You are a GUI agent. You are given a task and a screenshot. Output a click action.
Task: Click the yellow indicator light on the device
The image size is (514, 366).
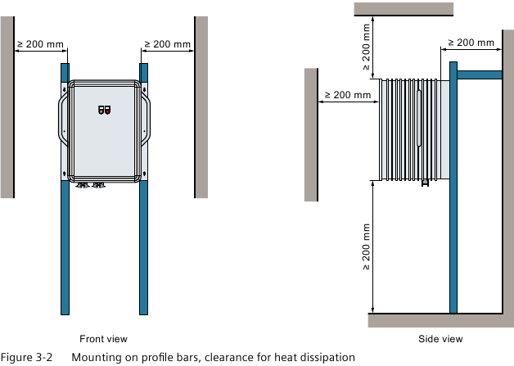[x=101, y=112]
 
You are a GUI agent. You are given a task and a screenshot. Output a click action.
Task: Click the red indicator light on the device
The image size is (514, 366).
[x=107, y=112]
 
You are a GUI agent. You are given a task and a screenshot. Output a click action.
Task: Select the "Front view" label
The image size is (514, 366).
[x=103, y=339]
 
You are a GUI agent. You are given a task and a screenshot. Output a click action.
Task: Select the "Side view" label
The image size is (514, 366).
[x=440, y=339]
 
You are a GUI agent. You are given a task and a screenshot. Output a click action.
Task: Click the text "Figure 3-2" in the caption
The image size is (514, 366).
[x=26, y=357]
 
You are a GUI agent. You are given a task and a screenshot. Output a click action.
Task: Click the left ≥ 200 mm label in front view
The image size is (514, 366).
[x=40, y=44]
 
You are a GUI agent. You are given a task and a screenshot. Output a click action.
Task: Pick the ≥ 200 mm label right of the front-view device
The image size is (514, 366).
[x=168, y=44]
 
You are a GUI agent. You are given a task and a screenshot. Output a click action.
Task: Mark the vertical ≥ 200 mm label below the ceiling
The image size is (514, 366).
[x=366, y=47]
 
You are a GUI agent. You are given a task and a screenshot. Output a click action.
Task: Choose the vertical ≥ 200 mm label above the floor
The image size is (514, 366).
[x=366, y=247]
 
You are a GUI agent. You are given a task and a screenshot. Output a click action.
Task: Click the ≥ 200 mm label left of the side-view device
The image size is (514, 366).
[x=348, y=95]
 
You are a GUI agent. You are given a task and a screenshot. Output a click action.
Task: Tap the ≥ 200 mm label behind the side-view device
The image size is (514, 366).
[x=471, y=43]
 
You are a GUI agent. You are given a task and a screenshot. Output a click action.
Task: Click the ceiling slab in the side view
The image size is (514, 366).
[x=404, y=9]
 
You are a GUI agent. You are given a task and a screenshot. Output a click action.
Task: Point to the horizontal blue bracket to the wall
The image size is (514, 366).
[x=480, y=75]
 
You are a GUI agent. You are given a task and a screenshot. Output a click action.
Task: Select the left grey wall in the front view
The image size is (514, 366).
[x=7, y=107]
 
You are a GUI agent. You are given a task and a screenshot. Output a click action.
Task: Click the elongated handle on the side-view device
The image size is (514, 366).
[x=419, y=118]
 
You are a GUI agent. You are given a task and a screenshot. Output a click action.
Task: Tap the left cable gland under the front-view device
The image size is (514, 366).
[x=83, y=185]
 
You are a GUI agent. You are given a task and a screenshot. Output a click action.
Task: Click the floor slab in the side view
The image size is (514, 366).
[x=441, y=320]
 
